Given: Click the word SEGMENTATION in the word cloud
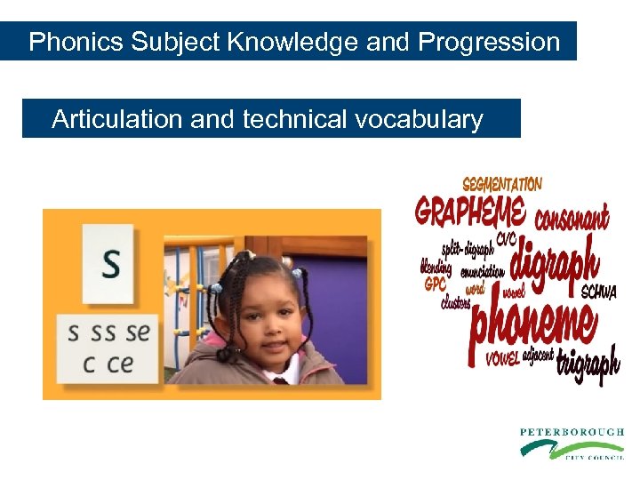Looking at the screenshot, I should click(x=501, y=185).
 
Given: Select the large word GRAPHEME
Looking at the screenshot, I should click(x=471, y=212).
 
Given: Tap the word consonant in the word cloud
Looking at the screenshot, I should click(x=572, y=215).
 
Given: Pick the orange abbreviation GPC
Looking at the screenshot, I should click(x=435, y=285).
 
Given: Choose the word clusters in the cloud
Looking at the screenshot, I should click(x=456, y=302).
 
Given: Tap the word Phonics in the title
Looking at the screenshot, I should click(x=76, y=42).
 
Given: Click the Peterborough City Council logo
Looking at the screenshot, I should click(x=572, y=443).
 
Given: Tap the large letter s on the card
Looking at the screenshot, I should click(x=109, y=263).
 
